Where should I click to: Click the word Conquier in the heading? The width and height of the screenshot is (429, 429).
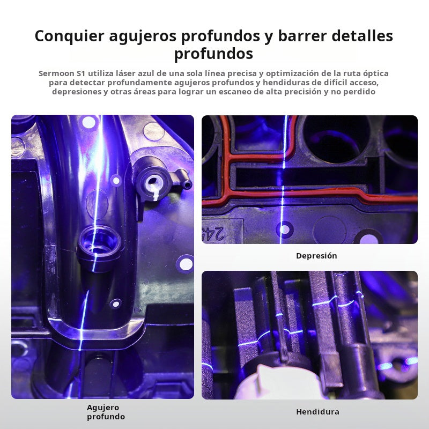click(70, 35)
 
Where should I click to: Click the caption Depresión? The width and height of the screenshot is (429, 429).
click(316, 256)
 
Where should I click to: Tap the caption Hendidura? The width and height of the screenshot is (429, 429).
click(317, 411)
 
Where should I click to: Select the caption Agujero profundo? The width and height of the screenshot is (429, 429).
click(106, 412)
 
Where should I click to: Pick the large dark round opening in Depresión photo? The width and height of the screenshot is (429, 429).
click(336, 139)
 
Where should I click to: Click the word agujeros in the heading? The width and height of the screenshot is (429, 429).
click(143, 36)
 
